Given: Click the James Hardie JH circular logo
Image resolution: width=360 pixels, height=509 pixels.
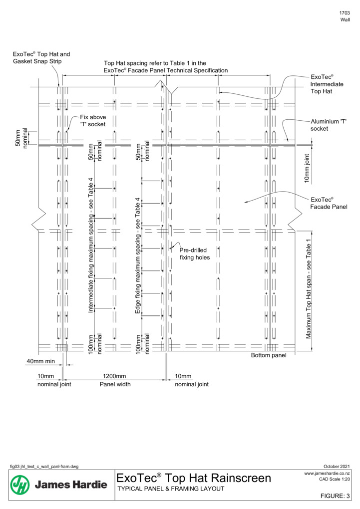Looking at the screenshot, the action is (x=20, y=485).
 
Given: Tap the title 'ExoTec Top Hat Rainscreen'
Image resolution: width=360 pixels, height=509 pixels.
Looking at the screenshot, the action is (x=194, y=478).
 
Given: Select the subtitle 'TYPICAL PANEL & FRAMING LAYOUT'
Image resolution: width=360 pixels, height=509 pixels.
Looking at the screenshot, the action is (x=171, y=489).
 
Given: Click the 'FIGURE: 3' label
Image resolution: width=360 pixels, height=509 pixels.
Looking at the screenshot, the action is (x=335, y=496).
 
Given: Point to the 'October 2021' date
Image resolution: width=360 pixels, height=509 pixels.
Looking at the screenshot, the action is (x=337, y=467).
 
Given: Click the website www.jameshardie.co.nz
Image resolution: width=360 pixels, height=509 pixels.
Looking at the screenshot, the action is (x=327, y=473).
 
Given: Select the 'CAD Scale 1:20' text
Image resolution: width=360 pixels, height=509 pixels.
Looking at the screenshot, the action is (x=335, y=479).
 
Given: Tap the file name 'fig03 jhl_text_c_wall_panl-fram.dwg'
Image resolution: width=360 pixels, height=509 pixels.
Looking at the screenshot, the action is (x=44, y=467).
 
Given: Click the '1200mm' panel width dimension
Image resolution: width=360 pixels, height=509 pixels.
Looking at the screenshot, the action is (x=114, y=376).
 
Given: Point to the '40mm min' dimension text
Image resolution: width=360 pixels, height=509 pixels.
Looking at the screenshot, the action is (x=40, y=361).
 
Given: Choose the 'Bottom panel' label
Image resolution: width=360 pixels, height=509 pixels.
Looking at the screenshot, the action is (x=269, y=355).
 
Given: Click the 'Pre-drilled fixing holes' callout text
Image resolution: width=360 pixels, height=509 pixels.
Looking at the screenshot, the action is (x=195, y=254).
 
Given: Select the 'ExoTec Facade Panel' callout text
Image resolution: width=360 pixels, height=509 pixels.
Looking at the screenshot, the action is (x=329, y=203).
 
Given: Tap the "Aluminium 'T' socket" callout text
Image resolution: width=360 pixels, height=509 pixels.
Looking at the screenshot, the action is (x=329, y=125).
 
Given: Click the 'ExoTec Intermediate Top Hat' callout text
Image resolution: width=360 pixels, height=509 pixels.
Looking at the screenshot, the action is (x=327, y=84).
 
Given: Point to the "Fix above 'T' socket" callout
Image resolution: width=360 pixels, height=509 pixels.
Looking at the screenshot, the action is (x=93, y=120).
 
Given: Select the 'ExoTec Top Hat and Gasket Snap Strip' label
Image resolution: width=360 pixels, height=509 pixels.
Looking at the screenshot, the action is (x=41, y=58).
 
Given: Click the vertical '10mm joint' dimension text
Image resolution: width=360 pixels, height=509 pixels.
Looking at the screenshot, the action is (x=307, y=169).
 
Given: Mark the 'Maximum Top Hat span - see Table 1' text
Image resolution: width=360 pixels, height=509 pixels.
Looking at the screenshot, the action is (x=309, y=289).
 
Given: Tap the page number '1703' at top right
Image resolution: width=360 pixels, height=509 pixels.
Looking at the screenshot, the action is (x=345, y=13).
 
